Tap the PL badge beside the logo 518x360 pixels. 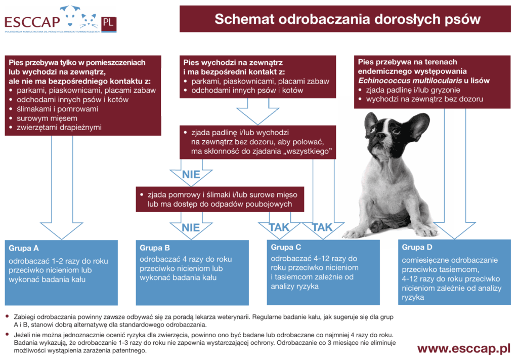coord(107,22)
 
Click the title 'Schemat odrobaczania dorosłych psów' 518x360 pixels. coord(347,19)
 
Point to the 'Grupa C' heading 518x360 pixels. coord(286,247)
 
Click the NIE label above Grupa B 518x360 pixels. coord(191,227)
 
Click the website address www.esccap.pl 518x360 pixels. coord(463,349)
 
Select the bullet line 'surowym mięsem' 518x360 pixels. coord(47,118)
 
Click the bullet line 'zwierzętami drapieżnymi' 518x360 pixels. coord(59,127)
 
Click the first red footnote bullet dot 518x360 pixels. coord(7,316)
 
